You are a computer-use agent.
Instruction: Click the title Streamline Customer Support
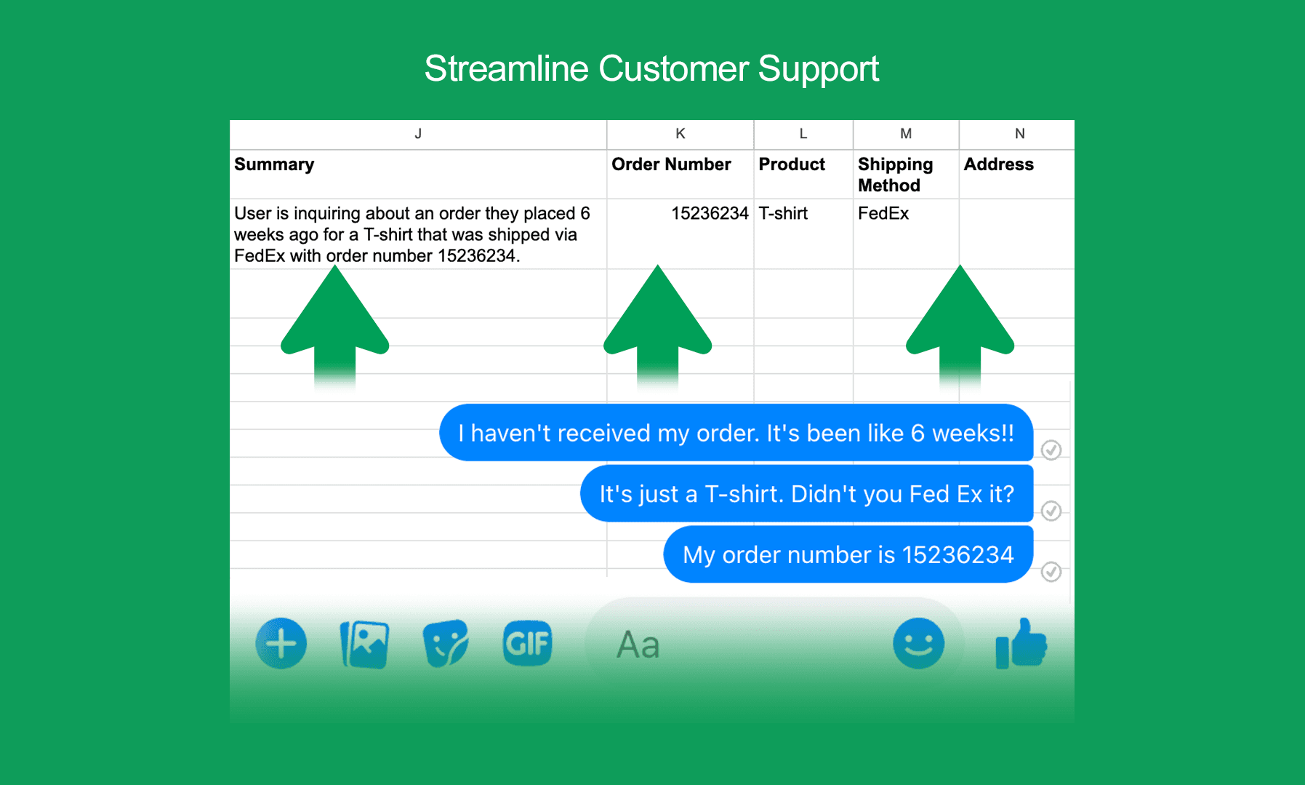click(x=651, y=69)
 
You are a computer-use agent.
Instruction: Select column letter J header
click(x=418, y=134)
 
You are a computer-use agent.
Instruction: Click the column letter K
click(x=680, y=134)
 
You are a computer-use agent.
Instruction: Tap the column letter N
click(x=1020, y=134)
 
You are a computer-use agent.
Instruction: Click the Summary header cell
click(x=274, y=164)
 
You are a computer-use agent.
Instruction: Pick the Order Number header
click(x=671, y=164)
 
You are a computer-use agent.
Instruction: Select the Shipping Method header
click(x=895, y=175)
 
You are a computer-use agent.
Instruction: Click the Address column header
click(x=998, y=164)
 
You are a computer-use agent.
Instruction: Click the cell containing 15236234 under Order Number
click(x=710, y=213)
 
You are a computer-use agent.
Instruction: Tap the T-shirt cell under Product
click(x=783, y=213)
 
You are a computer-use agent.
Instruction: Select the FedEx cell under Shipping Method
click(x=883, y=213)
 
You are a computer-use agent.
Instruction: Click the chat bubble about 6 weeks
click(x=736, y=433)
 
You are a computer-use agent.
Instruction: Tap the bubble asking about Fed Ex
click(x=806, y=494)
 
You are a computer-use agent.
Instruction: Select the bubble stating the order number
click(x=848, y=554)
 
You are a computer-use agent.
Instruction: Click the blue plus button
click(x=281, y=644)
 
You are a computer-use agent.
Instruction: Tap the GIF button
click(x=527, y=643)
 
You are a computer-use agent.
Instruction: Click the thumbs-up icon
click(x=1021, y=643)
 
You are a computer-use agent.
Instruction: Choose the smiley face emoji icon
click(x=918, y=644)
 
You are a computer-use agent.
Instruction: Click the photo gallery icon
click(x=364, y=644)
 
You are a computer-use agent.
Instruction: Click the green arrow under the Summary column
click(x=335, y=327)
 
